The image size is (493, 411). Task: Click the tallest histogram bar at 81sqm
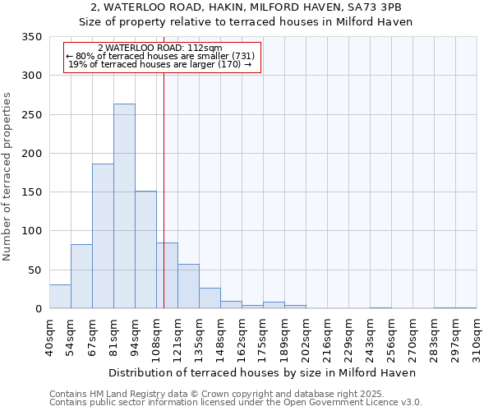pos(124,206)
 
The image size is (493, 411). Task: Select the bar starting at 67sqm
pos(103,236)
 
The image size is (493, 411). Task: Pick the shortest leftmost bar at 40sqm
pos(60,297)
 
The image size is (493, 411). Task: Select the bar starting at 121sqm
pos(188,286)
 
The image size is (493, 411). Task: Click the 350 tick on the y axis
pos(32,38)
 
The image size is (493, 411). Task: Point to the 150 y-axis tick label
pos(32,192)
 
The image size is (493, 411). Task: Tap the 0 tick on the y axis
pos(38,309)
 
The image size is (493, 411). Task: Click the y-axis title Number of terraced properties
pos(8,176)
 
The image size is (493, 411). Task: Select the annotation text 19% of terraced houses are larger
pos(159,64)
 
